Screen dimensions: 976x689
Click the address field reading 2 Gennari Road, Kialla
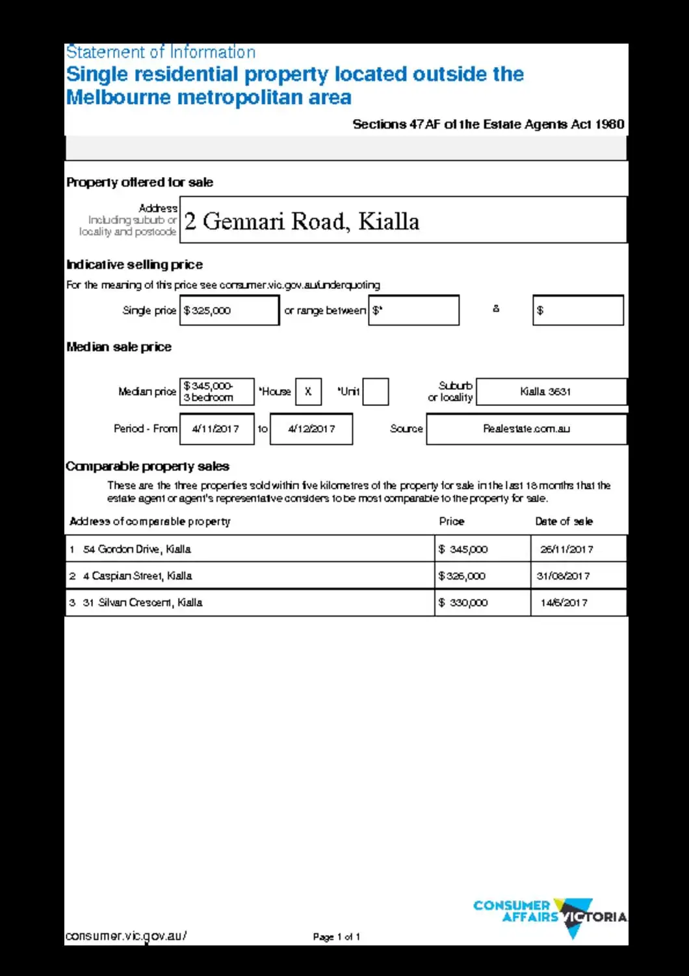(x=403, y=220)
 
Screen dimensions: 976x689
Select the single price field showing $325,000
(x=229, y=310)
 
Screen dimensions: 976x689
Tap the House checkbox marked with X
(x=308, y=392)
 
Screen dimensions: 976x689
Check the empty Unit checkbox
(x=375, y=392)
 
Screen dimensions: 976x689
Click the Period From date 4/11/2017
(x=216, y=429)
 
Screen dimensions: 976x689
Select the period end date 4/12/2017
(x=311, y=429)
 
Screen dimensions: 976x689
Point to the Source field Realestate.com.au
(x=526, y=429)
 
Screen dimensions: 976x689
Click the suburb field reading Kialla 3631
(x=551, y=392)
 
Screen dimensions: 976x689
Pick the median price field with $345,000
(x=216, y=392)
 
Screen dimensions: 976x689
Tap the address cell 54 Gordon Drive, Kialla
(x=250, y=549)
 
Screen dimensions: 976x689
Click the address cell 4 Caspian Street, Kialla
(x=250, y=576)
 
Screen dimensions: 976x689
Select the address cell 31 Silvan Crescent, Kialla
(x=250, y=603)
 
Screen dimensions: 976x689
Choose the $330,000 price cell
(x=482, y=603)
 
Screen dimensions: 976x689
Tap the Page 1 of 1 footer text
(x=336, y=937)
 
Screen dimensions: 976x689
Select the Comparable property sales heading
(x=148, y=467)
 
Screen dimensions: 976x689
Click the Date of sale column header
(x=564, y=521)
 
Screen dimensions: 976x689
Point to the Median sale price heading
(x=119, y=347)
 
